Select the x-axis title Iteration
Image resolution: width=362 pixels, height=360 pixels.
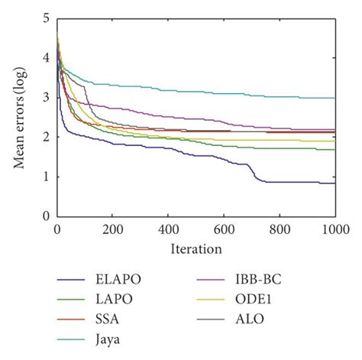point(196,248)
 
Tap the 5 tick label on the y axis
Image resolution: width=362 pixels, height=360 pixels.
point(47,17)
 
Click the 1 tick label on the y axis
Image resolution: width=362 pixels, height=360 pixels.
point(47,177)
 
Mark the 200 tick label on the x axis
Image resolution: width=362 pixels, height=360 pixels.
point(112,229)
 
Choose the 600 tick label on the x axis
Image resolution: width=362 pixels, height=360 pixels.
point(224,229)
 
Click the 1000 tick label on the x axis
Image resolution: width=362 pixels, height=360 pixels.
point(334,229)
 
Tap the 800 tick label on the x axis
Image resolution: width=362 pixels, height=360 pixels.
point(280,229)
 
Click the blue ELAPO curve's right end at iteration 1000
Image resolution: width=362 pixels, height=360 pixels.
point(335,183)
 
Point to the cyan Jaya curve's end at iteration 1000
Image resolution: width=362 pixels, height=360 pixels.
point(335,98)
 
